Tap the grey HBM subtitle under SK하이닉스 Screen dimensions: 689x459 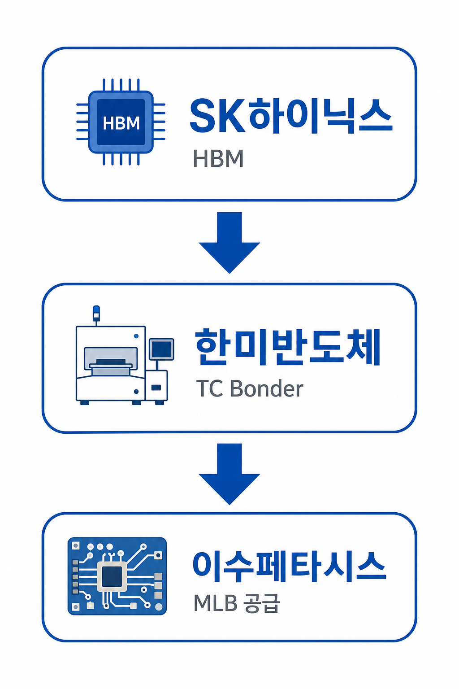(x=218, y=159)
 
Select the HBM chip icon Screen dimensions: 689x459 (x=121, y=122)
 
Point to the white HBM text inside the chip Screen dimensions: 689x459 (x=121, y=123)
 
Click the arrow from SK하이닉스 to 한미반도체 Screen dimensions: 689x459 (x=229, y=242)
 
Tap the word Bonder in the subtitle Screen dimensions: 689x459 (x=267, y=389)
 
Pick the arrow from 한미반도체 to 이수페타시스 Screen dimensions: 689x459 (x=229, y=474)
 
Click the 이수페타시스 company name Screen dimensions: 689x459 (x=289, y=566)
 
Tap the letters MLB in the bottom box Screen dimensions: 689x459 (x=215, y=603)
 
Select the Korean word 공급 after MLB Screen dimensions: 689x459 (x=262, y=603)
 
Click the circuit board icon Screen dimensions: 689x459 (x=117, y=576)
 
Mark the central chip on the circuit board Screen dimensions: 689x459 (x=112, y=576)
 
